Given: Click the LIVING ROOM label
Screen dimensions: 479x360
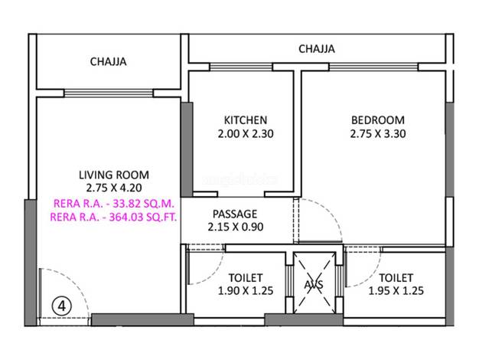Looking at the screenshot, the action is pyautogui.click(x=114, y=175).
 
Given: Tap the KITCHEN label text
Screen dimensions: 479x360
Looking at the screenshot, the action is pyautogui.click(x=246, y=120).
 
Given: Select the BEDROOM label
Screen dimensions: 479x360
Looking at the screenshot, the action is pyautogui.click(x=378, y=120).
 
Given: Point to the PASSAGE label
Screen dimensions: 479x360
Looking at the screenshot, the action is pyautogui.click(x=235, y=214).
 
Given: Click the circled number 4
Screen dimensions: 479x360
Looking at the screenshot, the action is pyautogui.click(x=62, y=306).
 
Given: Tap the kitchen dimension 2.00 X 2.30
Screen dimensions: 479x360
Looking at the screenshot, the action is pyautogui.click(x=246, y=134).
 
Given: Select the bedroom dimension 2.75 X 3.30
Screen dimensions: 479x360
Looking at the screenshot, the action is pyautogui.click(x=378, y=134).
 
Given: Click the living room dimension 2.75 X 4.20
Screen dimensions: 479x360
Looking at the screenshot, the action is pyautogui.click(x=114, y=188).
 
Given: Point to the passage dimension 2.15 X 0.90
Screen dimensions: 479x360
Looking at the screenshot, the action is pyautogui.click(x=236, y=227).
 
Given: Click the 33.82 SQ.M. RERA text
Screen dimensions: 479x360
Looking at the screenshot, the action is pyautogui.click(x=114, y=204).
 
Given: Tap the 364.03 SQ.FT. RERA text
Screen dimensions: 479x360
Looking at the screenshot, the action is pyautogui.click(x=113, y=217).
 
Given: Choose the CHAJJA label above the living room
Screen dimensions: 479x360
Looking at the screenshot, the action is pyautogui.click(x=108, y=62).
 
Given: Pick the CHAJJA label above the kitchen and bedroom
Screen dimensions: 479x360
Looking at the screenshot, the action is pyautogui.click(x=317, y=49).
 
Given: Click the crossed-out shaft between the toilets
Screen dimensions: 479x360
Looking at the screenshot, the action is pyautogui.click(x=314, y=283).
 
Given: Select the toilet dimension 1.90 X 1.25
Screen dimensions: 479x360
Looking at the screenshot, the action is pyautogui.click(x=246, y=290).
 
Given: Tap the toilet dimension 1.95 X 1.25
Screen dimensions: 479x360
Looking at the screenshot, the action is pyautogui.click(x=396, y=290).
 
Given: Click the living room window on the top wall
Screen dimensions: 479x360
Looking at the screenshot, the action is pyautogui.click(x=108, y=93).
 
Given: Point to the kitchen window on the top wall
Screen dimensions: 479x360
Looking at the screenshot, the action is pyautogui.click(x=241, y=67).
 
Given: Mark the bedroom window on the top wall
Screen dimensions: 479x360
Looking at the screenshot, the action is pyautogui.click(x=373, y=67).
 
